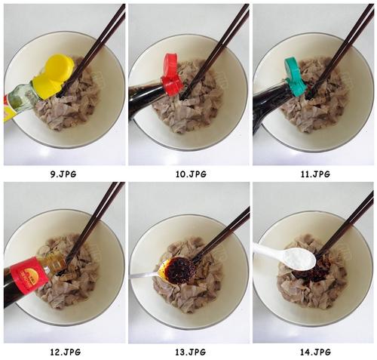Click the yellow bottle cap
point(55,76)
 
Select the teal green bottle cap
point(295,77)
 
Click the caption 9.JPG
point(63,174)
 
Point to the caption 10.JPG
point(191,174)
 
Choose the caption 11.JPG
point(315,174)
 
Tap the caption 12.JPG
point(65,352)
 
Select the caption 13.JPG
point(190,352)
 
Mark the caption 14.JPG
point(315,352)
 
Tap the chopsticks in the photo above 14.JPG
point(345,224)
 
